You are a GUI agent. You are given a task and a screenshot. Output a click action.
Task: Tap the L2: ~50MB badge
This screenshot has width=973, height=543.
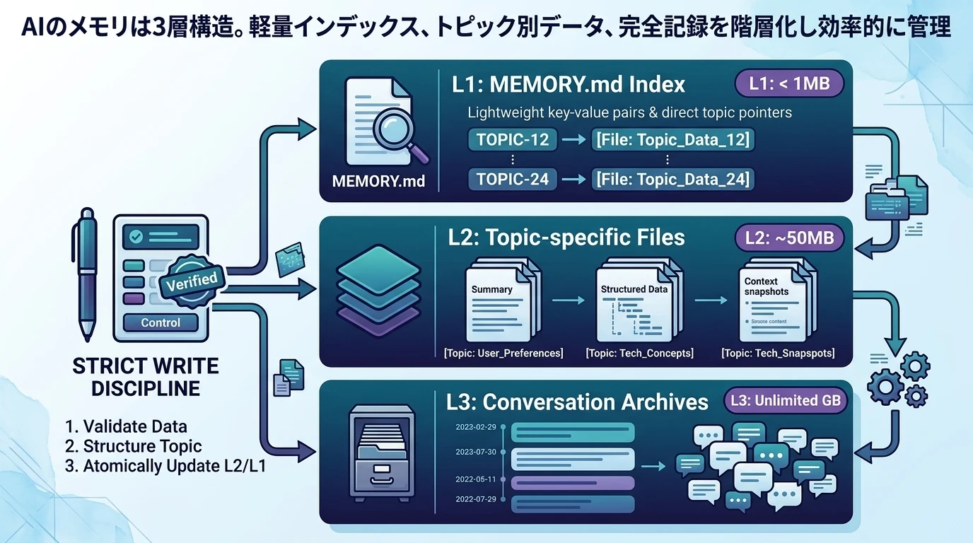pyautogui.click(x=790, y=238)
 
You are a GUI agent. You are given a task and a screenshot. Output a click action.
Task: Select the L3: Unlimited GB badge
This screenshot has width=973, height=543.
pyautogui.click(x=785, y=400)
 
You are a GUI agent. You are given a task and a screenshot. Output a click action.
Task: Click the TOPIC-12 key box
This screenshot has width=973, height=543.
pyautogui.click(x=513, y=140)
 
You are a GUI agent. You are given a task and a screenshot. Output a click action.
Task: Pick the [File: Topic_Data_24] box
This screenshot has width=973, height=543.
pyautogui.click(x=672, y=180)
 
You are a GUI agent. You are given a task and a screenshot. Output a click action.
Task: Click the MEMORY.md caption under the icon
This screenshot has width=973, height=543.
pyautogui.click(x=378, y=181)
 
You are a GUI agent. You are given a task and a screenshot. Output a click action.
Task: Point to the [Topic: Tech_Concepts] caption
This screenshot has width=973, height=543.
pyautogui.click(x=639, y=353)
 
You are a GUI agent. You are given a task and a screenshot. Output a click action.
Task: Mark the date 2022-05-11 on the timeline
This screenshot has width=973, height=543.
pyautogui.click(x=475, y=479)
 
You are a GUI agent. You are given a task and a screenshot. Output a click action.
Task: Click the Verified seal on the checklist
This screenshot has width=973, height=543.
pyautogui.click(x=191, y=281)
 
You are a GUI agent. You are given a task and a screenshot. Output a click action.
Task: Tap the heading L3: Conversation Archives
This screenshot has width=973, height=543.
pyautogui.click(x=577, y=402)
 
